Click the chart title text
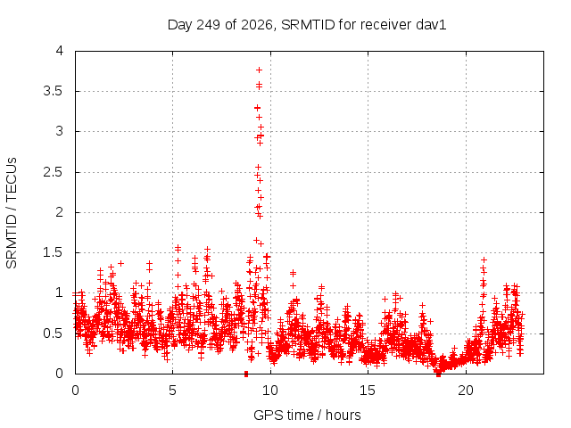307,25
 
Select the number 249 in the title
208,25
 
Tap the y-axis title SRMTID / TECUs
12,213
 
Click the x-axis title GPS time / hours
307,415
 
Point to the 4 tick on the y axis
60,51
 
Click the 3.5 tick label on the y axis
54,91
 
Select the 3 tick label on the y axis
60,131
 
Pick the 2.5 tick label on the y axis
54,172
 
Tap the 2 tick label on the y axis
60,212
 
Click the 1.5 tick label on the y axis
54,252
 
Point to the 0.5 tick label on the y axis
54,333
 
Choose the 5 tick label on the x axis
172,391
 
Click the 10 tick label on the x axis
270,391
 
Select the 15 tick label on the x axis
368,391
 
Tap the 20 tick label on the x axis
466,391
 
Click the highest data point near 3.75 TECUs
259,70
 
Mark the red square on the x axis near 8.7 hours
246,374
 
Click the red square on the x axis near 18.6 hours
438,374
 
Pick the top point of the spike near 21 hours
484,259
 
